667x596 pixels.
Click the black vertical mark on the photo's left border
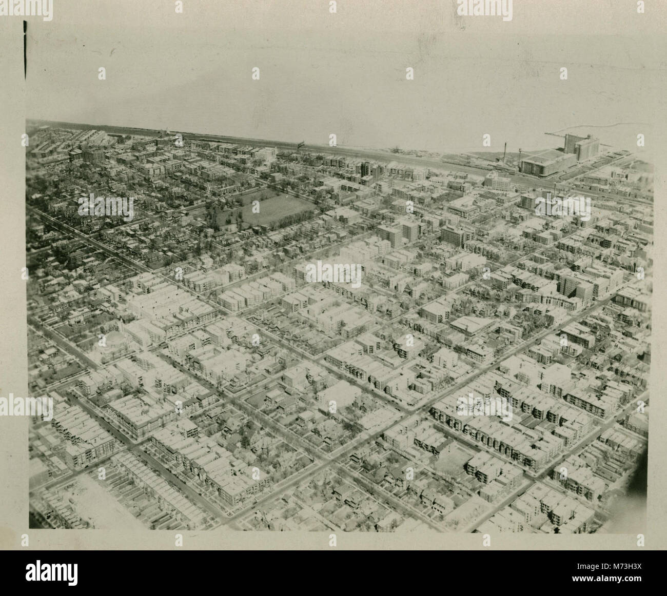coord(25,51)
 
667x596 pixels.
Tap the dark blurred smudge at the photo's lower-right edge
coord(641,477)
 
